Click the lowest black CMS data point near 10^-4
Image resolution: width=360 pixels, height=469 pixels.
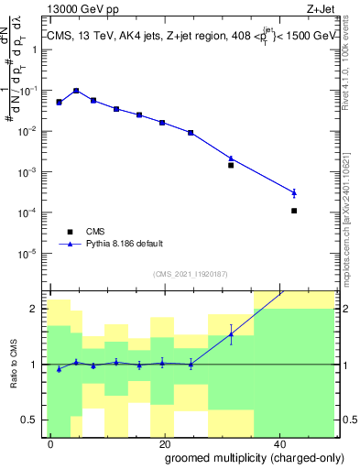(x=294, y=211)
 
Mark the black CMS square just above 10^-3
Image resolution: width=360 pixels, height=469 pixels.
(x=231, y=165)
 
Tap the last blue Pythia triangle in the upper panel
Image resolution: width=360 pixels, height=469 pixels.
(x=294, y=192)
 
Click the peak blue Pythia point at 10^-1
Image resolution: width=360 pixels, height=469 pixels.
(x=76, y=91)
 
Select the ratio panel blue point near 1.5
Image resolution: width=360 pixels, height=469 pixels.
(x=231, y=334)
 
